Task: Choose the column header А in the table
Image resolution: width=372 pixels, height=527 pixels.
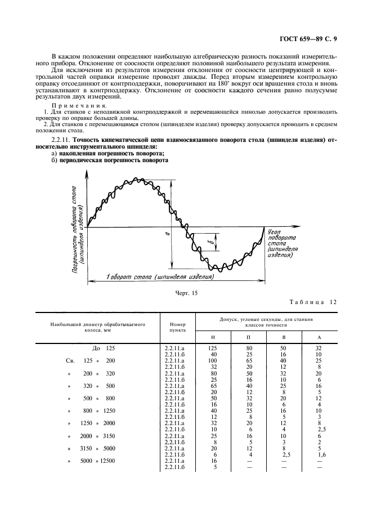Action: point(319,337)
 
